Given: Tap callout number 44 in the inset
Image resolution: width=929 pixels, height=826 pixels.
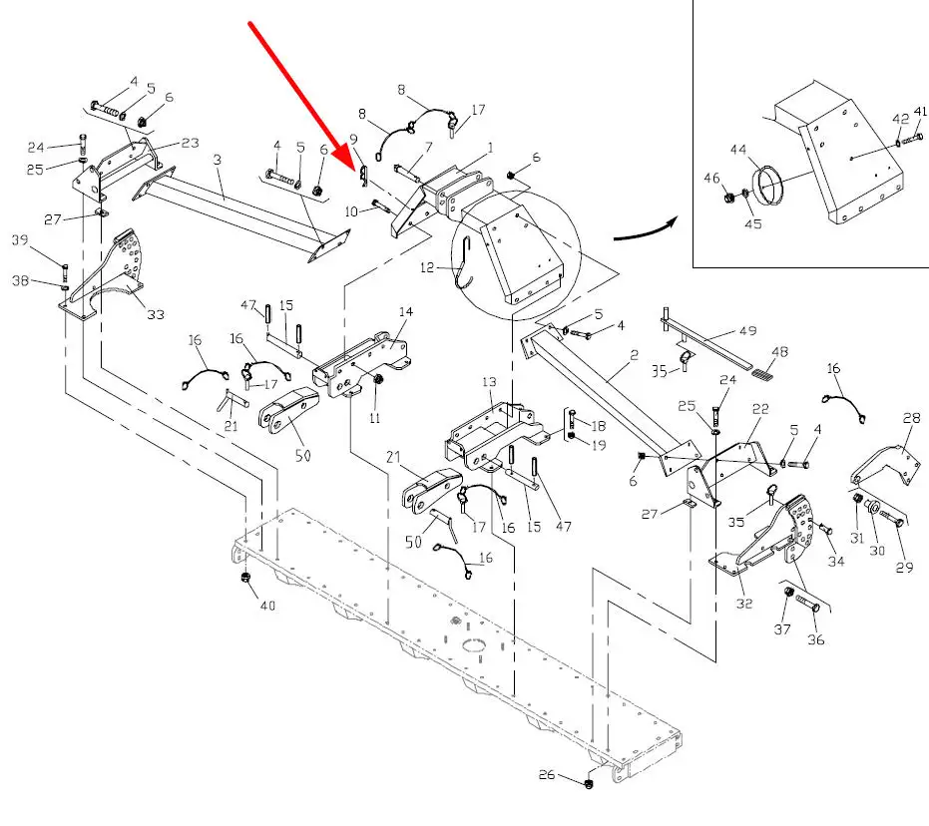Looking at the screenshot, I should [x=738, y=150].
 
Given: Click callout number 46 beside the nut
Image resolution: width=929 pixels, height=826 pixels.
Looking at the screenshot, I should [x=711, y=178].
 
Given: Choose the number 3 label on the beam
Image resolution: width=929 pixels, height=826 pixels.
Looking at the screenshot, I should [x=218, y=160].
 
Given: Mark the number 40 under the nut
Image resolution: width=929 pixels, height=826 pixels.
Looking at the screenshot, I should [x=266, y=605].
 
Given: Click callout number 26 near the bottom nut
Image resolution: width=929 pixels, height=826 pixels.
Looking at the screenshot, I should [x=546, y=774].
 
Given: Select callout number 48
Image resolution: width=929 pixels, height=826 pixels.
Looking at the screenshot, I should [x=779, y=351].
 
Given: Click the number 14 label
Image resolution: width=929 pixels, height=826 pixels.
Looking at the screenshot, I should [x=405, y=312].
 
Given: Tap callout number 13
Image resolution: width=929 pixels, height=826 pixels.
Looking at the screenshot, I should [x=489, y=382].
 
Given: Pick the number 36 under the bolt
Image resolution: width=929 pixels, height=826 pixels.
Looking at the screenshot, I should [x=815, y=639].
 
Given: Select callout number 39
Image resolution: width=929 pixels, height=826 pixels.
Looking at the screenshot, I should [x=47, y=239].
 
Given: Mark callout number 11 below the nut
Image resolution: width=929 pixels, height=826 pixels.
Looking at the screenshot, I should [x=374, y=419].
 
